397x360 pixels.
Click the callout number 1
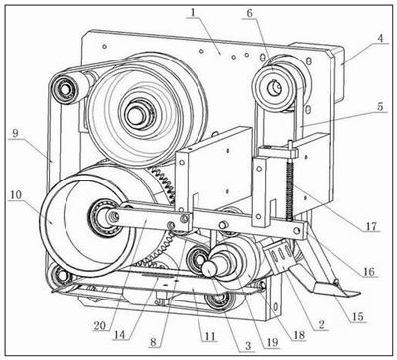pyautogui.click(x=193, y=13)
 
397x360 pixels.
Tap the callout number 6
pyautogui.click(x=250, y=13)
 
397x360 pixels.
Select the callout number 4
pyautogui.click(x=381, y=38)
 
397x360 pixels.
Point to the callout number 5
pyautogui.click(x=380, y=106)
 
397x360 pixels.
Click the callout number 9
pyautogui.click(x=15, y=133)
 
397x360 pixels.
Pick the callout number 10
pyautogui.click(x=16, y=194)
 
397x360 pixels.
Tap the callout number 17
pyautogui.click(x=371, y=226)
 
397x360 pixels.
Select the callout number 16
pyautogui.click(x=369, y=271)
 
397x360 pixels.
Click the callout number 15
pyautogui.click(x=358, y=316)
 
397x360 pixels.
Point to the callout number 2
pyautogui.click(x=321, y=324)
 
